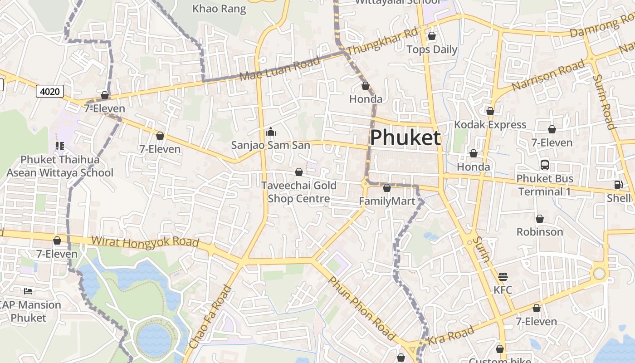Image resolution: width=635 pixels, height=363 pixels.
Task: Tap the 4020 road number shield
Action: pos(50,91)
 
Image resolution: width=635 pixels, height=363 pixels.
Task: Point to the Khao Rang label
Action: pos(219,9)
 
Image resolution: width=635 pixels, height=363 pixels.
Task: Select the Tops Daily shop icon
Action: pos(432,36)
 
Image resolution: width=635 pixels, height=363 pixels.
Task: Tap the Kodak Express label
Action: pos(490,124)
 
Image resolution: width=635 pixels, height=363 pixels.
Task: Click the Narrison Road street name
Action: pos(548,75)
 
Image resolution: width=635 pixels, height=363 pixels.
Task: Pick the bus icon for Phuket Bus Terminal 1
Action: pos(545,165)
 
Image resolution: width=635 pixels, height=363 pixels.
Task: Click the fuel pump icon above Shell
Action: pos(618,185)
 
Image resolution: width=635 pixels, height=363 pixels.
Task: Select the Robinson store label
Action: pos(540,232)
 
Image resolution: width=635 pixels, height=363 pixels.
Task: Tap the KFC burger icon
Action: pos(503,277)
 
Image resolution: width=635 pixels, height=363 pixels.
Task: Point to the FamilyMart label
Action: pos(387,201)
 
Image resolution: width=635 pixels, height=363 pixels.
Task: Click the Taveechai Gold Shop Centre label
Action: pos(299,192)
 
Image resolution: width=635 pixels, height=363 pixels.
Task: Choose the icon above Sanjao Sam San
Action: pos(271,132)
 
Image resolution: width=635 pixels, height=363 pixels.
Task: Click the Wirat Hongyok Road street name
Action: pos(145,241)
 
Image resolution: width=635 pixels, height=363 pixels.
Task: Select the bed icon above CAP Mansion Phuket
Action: pos(28,291)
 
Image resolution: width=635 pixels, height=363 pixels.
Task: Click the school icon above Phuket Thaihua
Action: pos(59,146)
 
